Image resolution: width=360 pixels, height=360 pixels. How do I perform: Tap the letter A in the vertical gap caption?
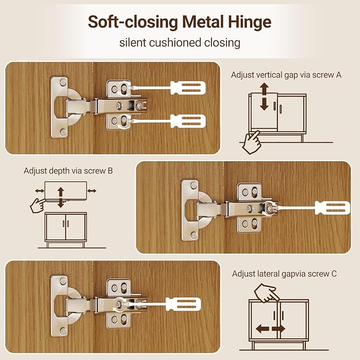point(338,75)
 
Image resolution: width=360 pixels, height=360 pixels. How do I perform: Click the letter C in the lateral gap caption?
point(334,274)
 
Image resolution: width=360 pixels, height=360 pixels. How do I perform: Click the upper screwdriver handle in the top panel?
point(188,87)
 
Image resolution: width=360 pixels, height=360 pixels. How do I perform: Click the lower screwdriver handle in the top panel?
point(188,121)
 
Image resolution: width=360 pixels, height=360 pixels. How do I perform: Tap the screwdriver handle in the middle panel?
point(332,208)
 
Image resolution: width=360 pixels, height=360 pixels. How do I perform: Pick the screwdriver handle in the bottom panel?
point(183,304)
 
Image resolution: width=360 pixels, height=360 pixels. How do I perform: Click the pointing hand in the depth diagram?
point(38,205)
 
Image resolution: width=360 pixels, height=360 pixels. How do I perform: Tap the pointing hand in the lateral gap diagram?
point(266,293)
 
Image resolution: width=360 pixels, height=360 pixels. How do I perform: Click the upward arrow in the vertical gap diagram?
point(264,89)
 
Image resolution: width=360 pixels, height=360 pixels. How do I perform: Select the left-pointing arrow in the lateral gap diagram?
point(262,329)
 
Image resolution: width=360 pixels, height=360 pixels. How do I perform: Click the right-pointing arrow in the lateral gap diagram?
point(278,329)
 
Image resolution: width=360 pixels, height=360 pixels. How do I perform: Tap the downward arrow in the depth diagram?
point(60,203)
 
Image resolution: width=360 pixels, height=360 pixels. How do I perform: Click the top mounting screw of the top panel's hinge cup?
point(63,82)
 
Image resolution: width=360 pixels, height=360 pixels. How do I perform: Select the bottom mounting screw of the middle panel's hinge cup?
point(194,235)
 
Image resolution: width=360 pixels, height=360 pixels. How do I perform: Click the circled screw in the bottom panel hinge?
point(119,304)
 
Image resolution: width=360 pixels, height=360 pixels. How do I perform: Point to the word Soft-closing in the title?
point(133,22)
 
